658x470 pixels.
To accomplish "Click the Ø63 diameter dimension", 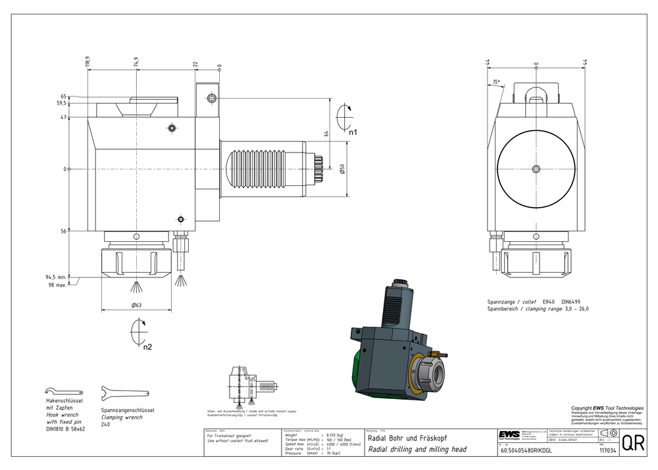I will tap(138, 305).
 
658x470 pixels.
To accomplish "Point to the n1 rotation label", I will tap(353, 132).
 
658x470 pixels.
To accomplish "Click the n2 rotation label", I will tap(148, 346).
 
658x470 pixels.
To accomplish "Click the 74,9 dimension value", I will tap(136, 62).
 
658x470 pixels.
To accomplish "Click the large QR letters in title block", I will tap(633, 442).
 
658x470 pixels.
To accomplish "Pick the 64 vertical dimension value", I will tap(325, 133).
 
